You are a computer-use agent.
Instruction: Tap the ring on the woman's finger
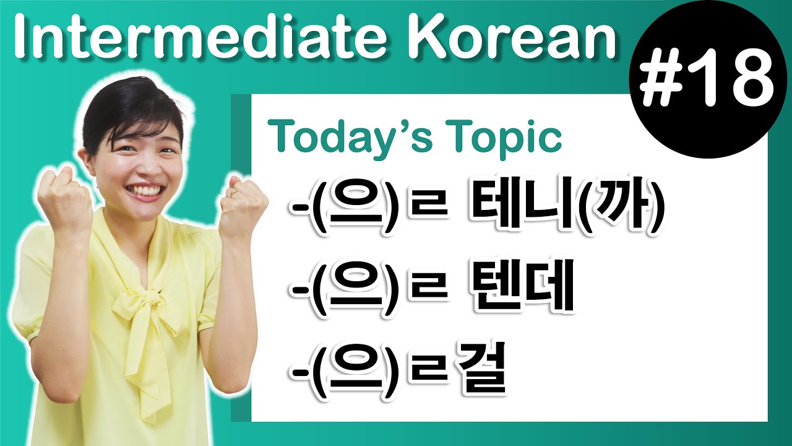236,195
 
